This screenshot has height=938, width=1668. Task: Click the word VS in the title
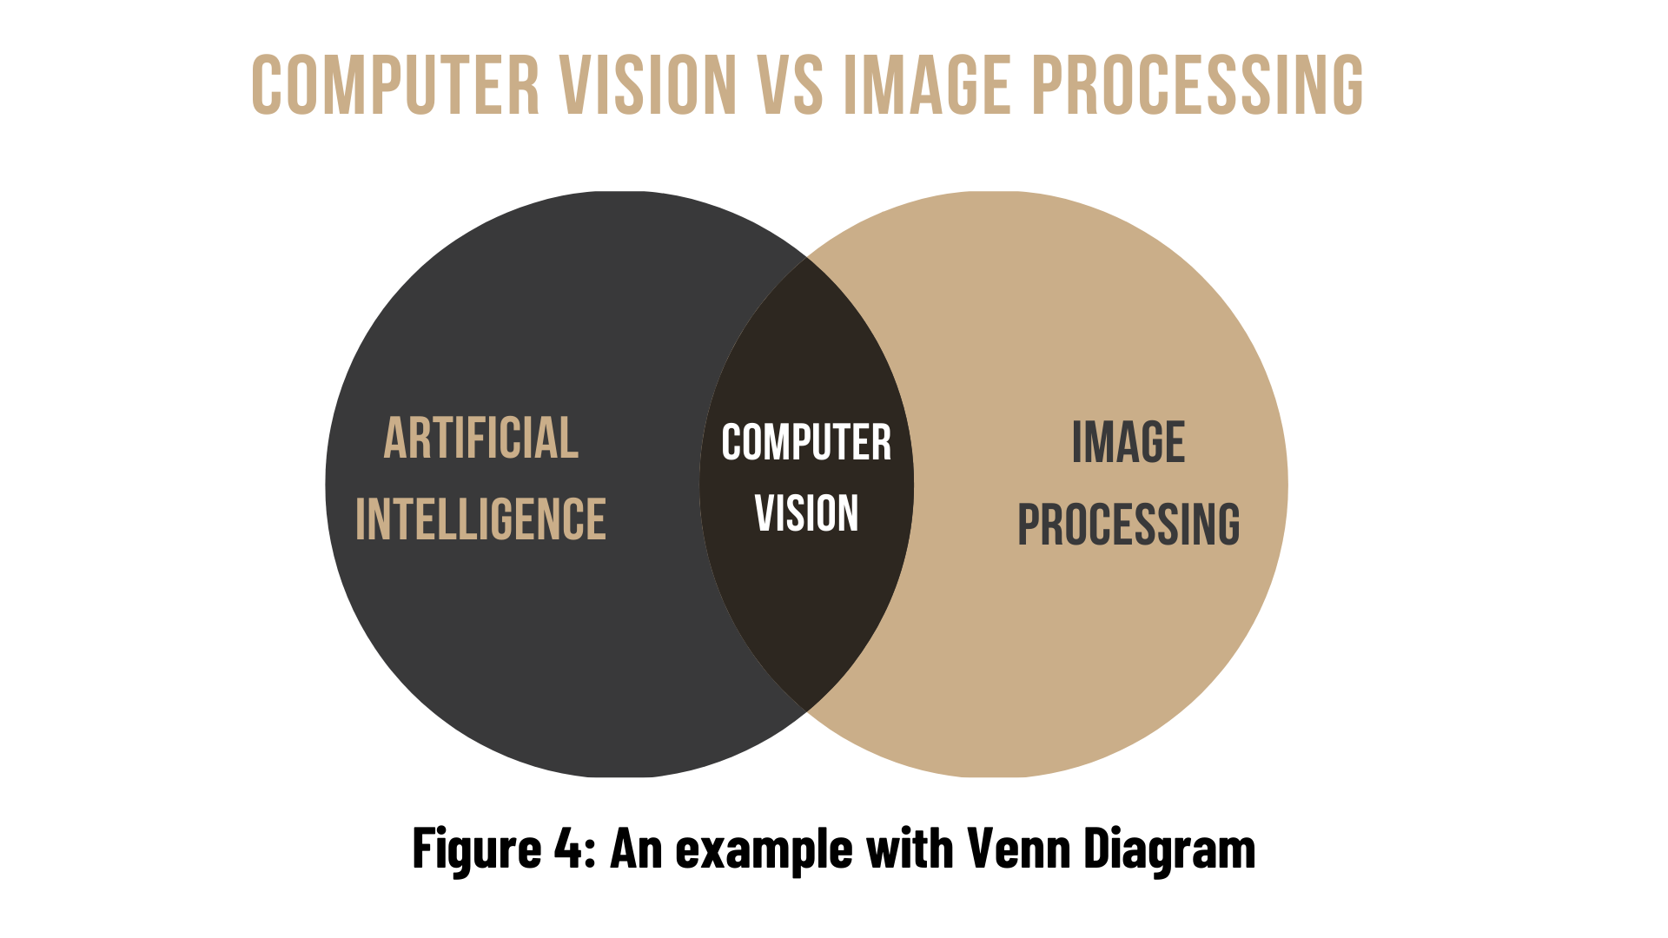point(790,85)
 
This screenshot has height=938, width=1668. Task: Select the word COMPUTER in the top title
point(395,85)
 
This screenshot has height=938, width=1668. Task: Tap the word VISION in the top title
point(648,85)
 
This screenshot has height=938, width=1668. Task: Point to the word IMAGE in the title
point(927,85)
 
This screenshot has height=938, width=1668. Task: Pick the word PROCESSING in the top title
point(1197,85)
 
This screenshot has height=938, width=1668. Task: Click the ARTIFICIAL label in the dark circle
point(481,438)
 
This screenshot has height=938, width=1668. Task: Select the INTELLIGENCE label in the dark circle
point(480,519)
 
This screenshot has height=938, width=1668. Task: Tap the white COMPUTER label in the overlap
point(806,443)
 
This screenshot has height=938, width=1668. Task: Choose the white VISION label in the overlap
point(806,513)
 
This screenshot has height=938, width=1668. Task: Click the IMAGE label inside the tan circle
point(1129,442)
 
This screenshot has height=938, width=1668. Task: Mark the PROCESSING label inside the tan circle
point(1129,525)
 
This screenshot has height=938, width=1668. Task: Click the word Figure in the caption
point(477,849)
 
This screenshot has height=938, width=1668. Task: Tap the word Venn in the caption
point(1018,849)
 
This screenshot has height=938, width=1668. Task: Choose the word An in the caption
point(636,849)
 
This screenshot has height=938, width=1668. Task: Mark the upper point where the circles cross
point(806,257)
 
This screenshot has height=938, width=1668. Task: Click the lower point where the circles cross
point(806,711)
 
